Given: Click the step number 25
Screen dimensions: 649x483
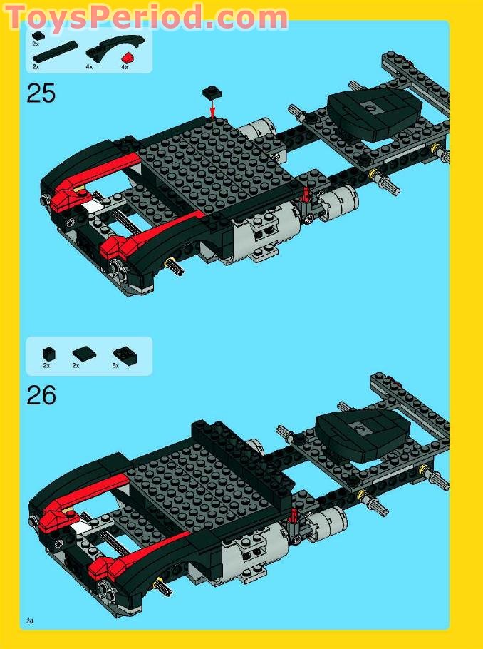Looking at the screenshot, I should coord(41,93).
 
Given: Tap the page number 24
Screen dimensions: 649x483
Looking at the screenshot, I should coord(30,620).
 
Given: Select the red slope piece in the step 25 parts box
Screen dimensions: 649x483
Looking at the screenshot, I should coord(127,57).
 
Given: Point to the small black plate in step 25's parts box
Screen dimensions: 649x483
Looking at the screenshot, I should coord(38,35).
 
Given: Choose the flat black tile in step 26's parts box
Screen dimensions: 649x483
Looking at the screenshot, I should coord(82,352).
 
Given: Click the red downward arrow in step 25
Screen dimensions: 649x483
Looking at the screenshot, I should coord(212,106).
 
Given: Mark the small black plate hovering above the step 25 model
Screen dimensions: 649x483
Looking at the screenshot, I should coord(211,91).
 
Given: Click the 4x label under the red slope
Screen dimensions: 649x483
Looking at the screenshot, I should coord(125,66).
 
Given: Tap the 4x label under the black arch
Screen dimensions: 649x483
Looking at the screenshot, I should coord(90,66).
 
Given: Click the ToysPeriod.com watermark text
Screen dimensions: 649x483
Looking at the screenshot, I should coord(146,17).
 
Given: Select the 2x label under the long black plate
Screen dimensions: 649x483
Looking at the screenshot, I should coord(36,66).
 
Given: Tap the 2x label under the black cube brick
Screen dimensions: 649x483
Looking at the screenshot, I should coord(46,365).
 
